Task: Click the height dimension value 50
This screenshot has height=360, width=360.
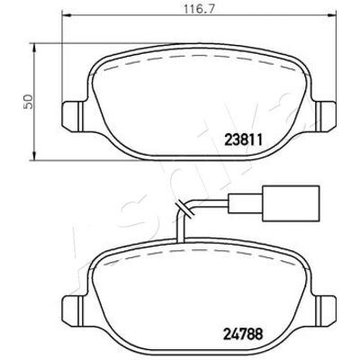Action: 29,102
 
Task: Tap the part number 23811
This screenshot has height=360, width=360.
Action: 244,140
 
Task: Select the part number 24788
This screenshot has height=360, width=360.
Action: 243,334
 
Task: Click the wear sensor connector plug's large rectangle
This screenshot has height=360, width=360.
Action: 290,203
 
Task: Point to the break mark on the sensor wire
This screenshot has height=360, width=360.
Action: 185,207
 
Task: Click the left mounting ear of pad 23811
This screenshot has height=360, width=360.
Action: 72,116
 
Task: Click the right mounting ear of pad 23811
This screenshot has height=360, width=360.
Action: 326,116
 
